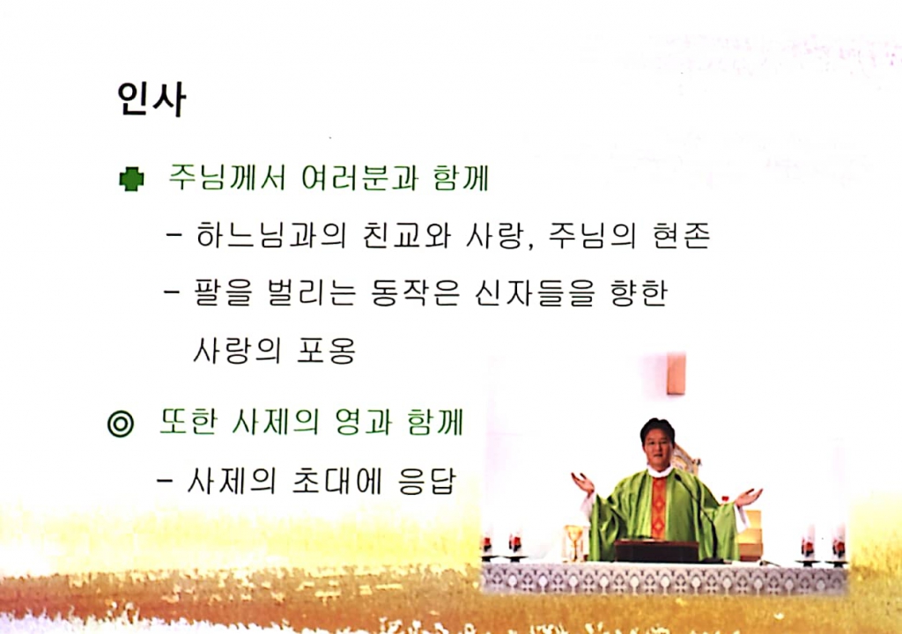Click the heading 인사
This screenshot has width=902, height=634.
151,100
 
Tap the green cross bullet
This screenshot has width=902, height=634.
131,180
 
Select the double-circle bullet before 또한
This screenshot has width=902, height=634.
120,424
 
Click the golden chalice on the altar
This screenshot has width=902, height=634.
574,542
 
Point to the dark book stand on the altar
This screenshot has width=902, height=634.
656,550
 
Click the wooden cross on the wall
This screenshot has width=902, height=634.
676,373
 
